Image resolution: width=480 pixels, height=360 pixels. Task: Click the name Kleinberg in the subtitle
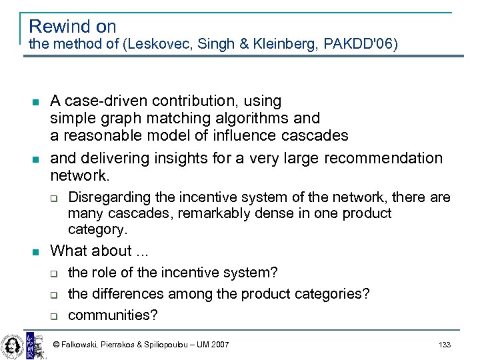coord(282,45)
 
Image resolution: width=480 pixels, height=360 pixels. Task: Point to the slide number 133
coord(445,345)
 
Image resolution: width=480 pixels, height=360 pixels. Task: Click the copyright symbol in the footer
coord(57,345)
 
